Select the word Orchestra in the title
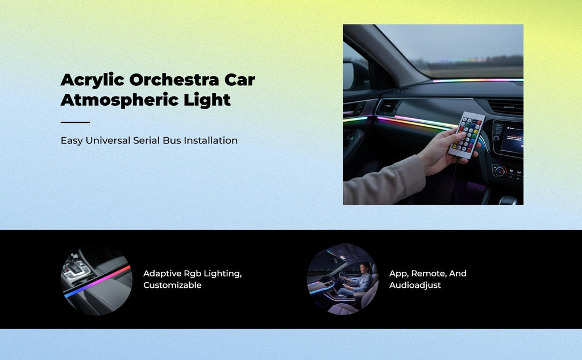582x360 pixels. point(174,80)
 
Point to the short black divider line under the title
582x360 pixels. point(75,122)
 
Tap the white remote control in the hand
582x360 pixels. point(467,135)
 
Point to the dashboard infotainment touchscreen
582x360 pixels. point(511,140)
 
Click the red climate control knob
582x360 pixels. point(500,171)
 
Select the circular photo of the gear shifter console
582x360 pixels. point(97,279)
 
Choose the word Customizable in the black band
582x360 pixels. point(172,285)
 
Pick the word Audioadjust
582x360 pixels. point(415,285)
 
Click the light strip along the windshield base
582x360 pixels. point(477,80)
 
